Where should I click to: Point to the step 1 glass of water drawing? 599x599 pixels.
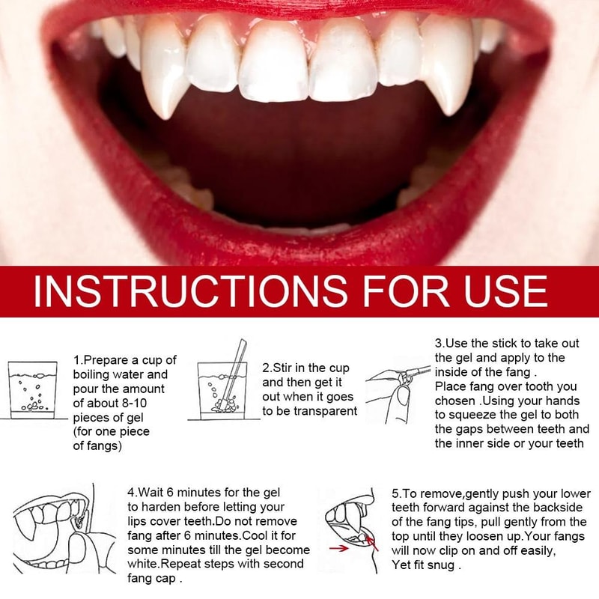(32, 389)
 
